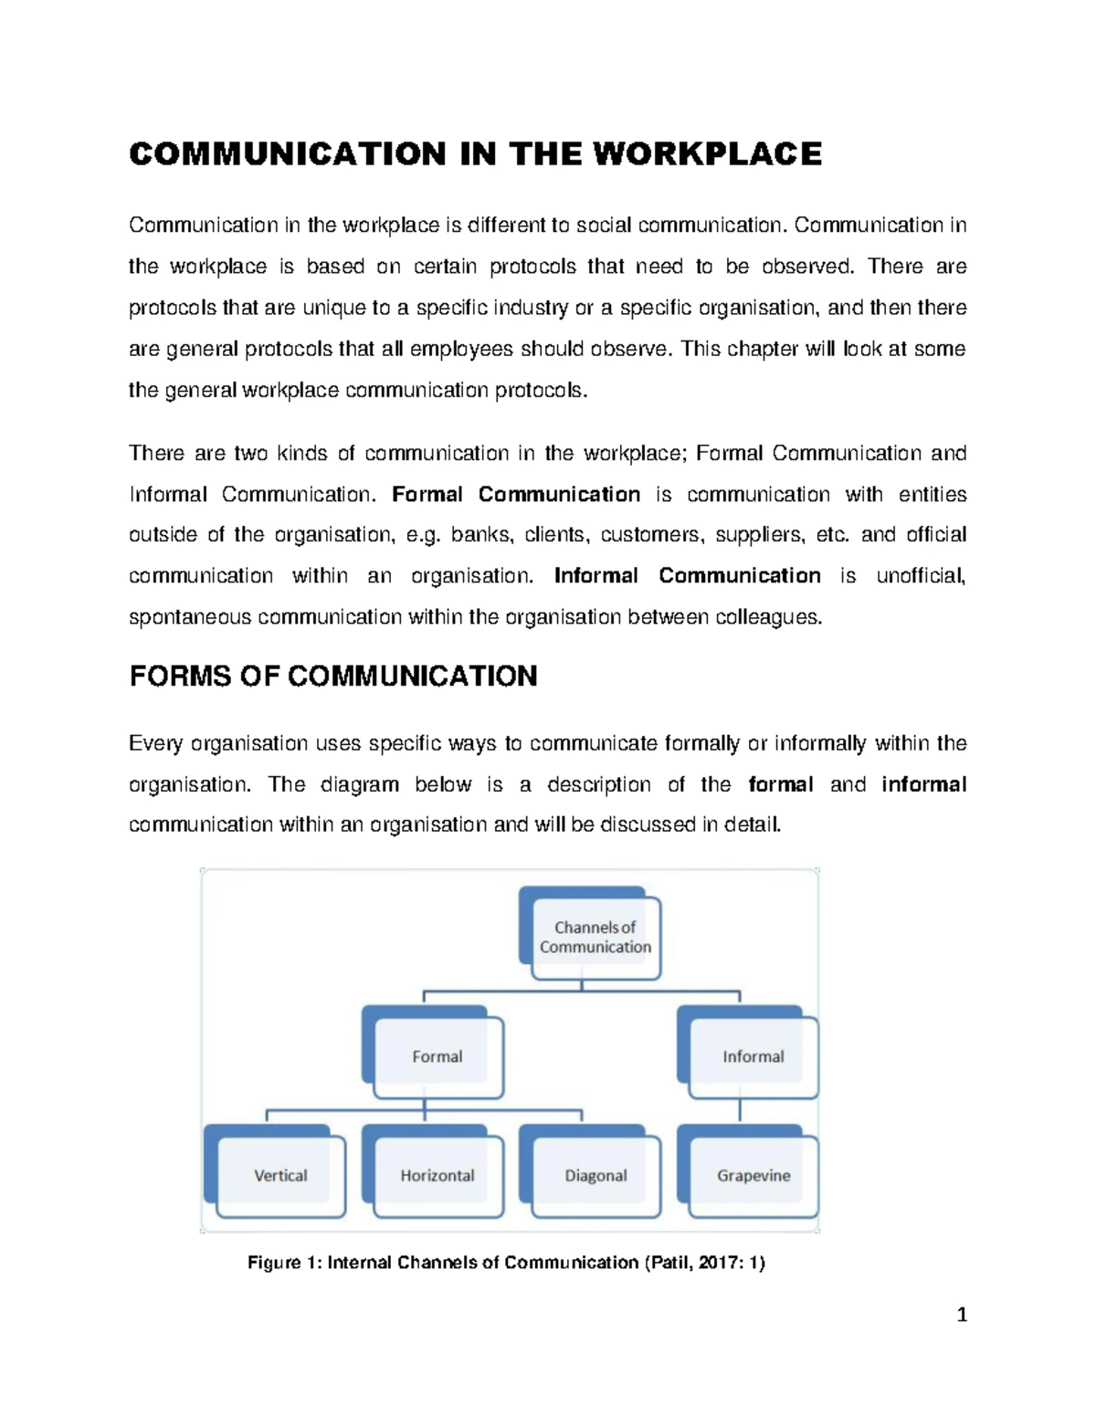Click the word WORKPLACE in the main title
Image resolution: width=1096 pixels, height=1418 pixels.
click(x=707, y=153)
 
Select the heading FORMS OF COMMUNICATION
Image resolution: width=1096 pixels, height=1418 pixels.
click(x=333, y=677)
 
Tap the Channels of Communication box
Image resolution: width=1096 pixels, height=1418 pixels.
click(x=595, y=937)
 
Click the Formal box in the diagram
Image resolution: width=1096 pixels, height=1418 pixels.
click(x=437, y=1056)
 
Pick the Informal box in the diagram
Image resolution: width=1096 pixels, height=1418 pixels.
click(x=753, y=1056)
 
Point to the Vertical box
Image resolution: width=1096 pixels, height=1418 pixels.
click(x=280, y=1175)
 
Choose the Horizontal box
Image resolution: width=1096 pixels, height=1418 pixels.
click(x=437, y=1175)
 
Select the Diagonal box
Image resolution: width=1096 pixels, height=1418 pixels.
click(x=595, y=1175)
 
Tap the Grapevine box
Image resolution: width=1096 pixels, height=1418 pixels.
click(x=753, y=1175)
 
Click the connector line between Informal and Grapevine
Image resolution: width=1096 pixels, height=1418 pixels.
click(x=740, y=1110)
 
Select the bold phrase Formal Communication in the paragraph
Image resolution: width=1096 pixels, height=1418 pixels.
click(x=516, y=494)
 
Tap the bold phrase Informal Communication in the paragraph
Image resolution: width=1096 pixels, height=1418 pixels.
click(x=687, y=576)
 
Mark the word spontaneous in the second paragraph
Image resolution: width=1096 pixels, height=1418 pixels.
click(x=190, y=618)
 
